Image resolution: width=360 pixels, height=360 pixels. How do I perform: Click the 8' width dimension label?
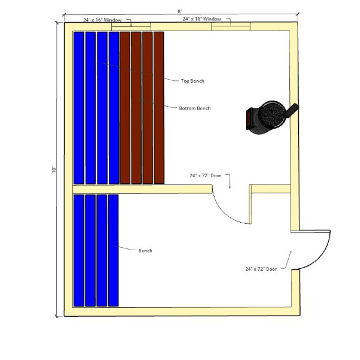point(180,12)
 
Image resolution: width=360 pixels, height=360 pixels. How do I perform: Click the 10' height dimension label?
point(54,169)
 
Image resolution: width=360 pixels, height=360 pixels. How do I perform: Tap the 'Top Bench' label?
point(192,81)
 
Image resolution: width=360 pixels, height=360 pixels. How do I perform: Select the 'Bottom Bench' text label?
point(195,108)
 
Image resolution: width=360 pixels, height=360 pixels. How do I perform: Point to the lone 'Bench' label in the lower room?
point(145,251)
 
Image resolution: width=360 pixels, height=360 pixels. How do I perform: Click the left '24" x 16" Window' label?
point(102,20)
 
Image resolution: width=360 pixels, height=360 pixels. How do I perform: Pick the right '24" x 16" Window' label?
point(202,19)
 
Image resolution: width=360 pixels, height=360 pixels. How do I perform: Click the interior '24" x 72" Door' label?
point(205,175)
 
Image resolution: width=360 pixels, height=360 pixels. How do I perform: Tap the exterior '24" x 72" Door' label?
point(261,269)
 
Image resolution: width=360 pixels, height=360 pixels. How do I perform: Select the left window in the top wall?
point(131,26)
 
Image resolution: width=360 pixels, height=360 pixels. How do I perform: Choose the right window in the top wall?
point(231,26)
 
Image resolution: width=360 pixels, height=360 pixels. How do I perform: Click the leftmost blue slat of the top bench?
point(79,108)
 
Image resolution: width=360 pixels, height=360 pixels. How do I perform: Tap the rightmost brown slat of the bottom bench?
point(159,108)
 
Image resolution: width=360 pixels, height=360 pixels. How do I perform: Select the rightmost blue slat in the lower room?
point(113,251)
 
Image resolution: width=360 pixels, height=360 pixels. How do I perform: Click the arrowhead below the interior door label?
point(230,187)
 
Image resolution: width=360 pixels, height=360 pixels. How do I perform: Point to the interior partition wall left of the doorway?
point(142,189)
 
